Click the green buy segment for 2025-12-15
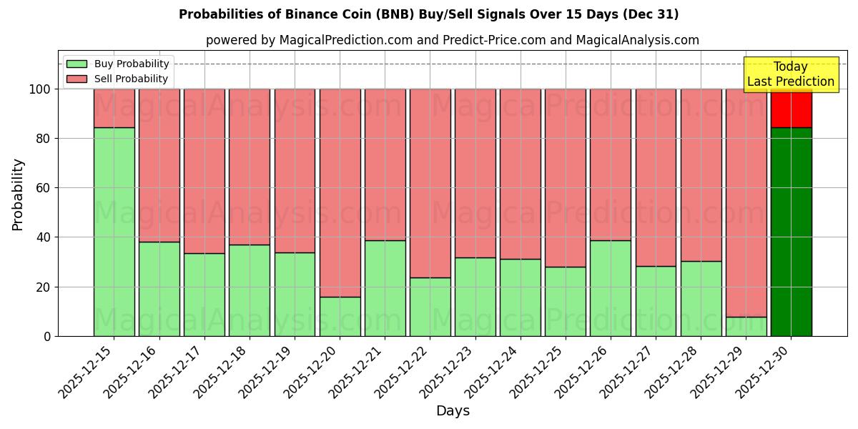pos(114,232)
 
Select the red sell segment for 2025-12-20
pos(340,192)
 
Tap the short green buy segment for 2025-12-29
pos(746,327)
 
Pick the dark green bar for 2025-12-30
pos(791,232)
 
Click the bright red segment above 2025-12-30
pos(791,108)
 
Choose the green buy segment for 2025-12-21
pos(385,288)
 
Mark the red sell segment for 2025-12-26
pos(611,164)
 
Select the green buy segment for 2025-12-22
pos(430,307)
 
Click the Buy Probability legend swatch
pos(77,64)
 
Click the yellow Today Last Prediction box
pos(791,74)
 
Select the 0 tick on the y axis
pos(48,336)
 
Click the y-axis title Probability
pos(18,194)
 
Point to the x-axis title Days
pos(453,411)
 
